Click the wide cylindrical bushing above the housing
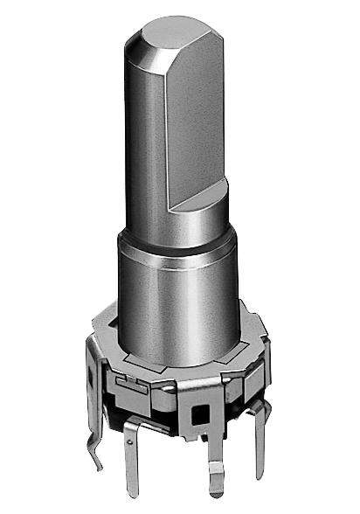point(175,297)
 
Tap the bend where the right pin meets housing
point(258,408)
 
